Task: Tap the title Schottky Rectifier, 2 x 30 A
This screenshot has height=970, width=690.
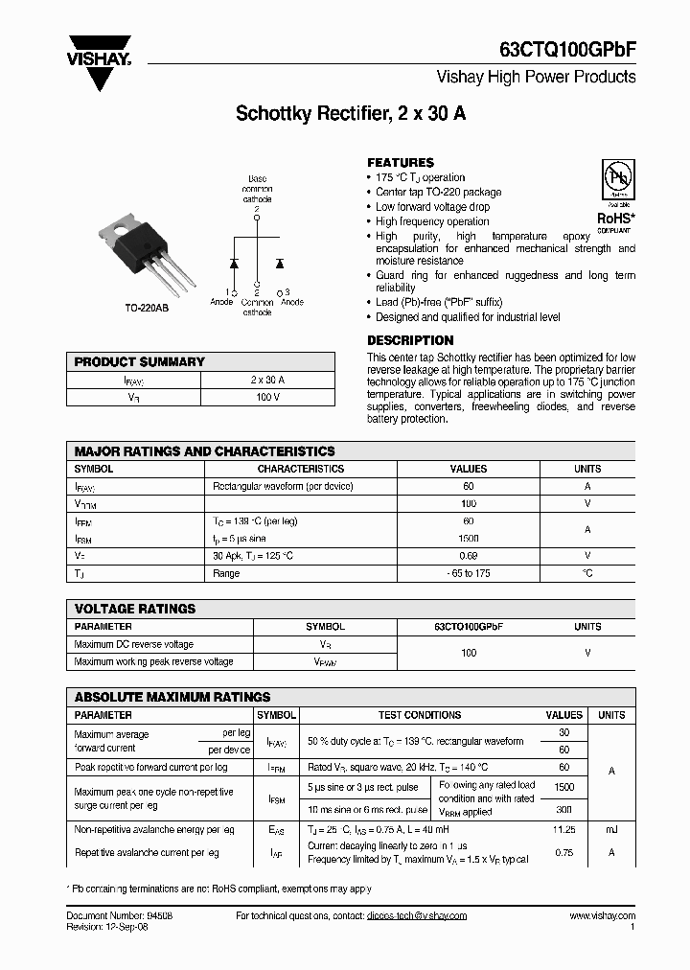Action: click(x=351, y=113)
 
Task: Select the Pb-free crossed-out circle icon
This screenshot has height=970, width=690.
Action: click(x=615, y=179)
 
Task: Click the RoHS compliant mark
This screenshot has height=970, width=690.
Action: click(x=614, y=221)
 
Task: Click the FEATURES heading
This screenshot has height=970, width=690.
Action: click(x=401, y=163)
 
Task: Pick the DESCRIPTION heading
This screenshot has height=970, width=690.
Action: click(x=410, y=340)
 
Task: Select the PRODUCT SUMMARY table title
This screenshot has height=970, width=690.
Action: click(x=140, y=362)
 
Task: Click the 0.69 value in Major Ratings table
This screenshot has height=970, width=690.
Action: click(x=468, y=556)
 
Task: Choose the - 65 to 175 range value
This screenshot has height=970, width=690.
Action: click(x=468, y=573)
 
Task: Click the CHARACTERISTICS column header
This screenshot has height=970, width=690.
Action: click(x=301, y=470)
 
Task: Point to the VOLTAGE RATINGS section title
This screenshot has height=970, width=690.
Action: click(x=135, y=609)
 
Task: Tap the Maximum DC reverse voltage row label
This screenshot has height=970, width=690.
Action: click(x=134, y=645)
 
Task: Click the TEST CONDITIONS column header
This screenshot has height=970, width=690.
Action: click(x=420, y=715)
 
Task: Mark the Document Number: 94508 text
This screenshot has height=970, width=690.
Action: click(x=120, y=916)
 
